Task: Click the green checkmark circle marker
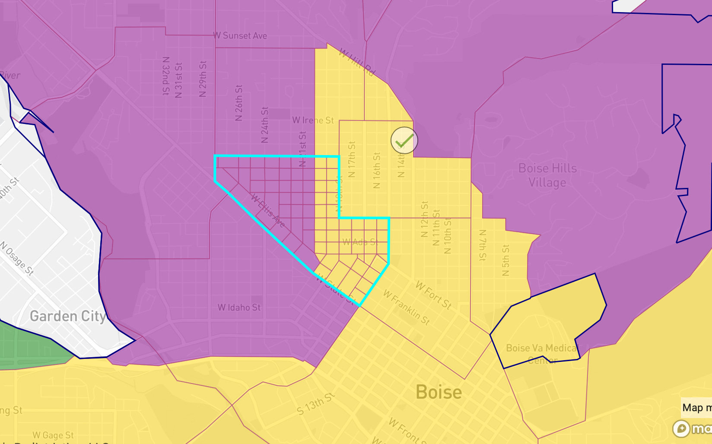[x=404, y=140]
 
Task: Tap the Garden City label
[x=67, y=316]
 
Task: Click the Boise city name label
[x=439, y=392]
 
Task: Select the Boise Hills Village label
[x=547, y=175]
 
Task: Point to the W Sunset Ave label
[x=240, y=36]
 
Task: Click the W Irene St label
[x=313, y=120]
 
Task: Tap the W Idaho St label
[x=239, y=308]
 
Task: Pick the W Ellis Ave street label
[x=268, y=211]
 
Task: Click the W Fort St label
[x=433, y=295]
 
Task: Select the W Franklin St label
[x=406, y=308]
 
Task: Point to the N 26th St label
[x=239, y=103]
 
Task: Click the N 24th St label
[x=265, y=125]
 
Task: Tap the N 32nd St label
[x=166, y=76]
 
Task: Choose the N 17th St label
[x=352, y=159]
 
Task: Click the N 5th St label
[x=506, y=260]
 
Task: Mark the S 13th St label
[x=315, y=404]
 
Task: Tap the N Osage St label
[x=17, y=258]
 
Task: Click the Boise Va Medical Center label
[x=542, y=353]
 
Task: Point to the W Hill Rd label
[x=357, y=62]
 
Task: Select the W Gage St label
[x=53, y=435]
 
